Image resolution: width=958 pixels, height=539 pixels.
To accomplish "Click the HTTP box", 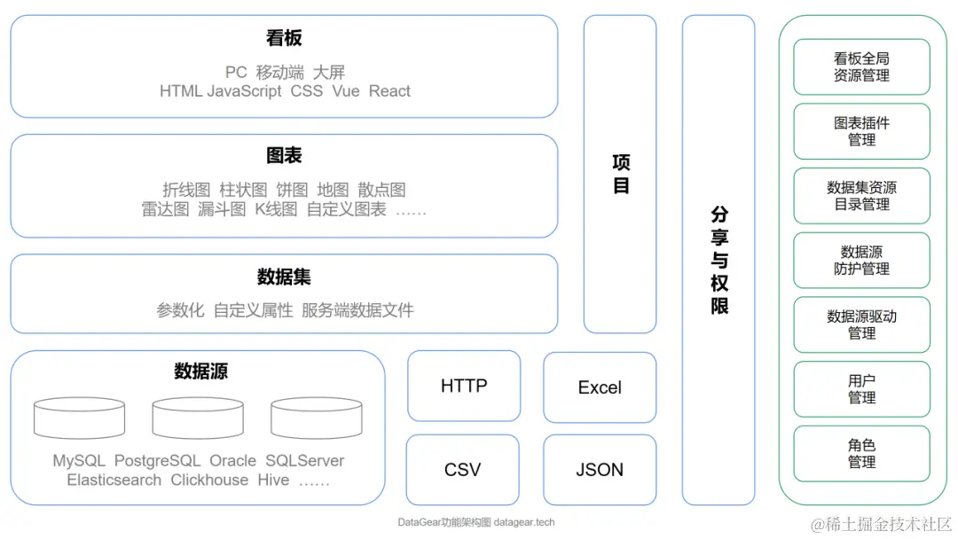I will point(464,386).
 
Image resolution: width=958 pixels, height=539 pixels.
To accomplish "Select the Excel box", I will point(600,387).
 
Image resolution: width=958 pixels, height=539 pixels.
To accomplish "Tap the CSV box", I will point(462,469).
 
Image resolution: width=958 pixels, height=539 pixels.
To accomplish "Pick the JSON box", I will point(600,469).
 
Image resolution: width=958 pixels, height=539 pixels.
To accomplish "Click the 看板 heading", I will point(284,38).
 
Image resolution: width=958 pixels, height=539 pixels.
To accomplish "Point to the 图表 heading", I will point(284,155).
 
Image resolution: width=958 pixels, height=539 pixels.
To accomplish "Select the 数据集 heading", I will point(284,277).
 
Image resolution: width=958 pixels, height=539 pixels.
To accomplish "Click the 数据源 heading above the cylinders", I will point(200,371).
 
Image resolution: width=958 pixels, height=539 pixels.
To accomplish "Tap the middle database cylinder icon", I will point(197,418).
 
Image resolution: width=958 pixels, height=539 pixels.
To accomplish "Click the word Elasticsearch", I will point(114,480).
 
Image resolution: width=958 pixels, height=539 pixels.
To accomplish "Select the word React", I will point(389,90).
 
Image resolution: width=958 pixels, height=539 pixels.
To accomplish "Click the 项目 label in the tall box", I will point(621,174).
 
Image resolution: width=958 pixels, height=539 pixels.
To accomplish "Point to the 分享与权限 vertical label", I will point(719,260).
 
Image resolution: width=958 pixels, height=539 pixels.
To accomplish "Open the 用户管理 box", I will point(861,388).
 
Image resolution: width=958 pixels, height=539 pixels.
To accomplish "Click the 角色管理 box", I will point(861,453).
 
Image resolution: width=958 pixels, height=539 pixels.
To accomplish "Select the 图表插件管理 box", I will point(861,131).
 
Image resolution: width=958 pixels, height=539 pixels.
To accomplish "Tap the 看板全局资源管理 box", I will point(861,66).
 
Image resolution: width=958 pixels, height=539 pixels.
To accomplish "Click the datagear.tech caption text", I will point(524,522).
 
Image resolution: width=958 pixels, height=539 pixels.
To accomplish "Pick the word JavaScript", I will point(244,90).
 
